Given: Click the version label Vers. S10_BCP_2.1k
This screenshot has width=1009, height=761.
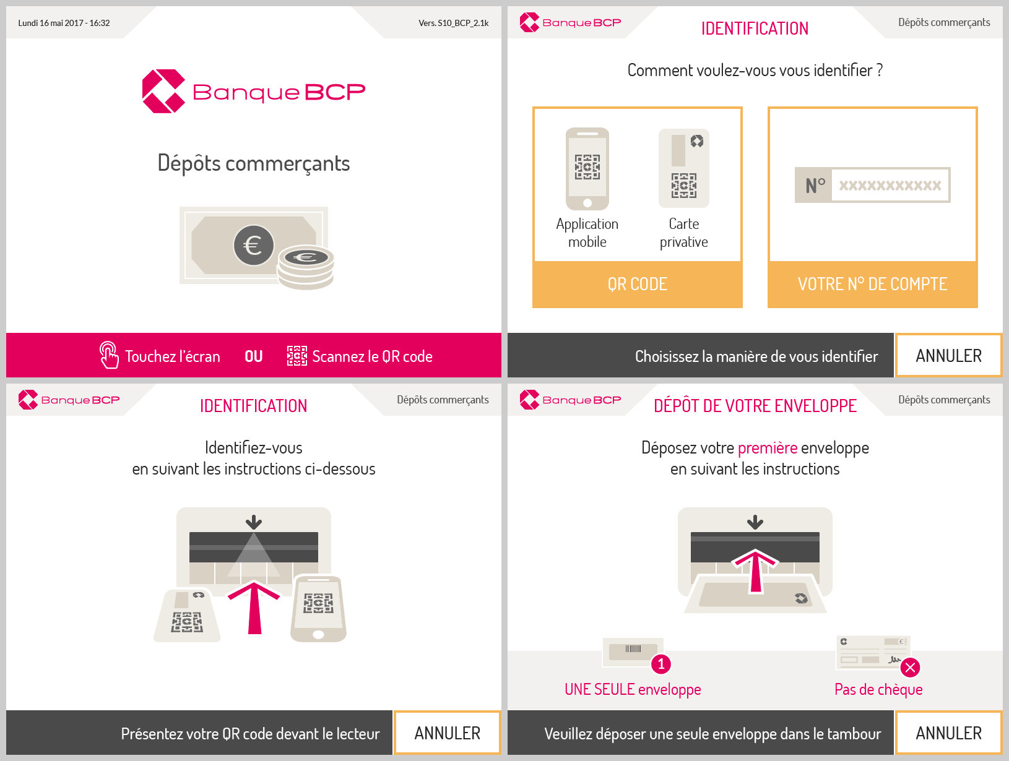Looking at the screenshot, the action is pyautogui.click(x=453, y=23).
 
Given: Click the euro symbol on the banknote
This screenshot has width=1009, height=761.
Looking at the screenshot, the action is pyautogui.click(x=253, y=245).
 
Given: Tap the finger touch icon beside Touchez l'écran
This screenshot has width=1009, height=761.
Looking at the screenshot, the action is pyautogui.click(x=109, y=355).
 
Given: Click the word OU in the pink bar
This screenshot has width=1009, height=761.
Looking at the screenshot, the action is pyautogui.click(x=254, y=356).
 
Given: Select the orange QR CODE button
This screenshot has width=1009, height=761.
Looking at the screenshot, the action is pyautogui.click(x=638, y=284).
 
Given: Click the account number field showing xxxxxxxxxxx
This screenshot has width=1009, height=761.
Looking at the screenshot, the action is pyautogui.click(x=890, y=185).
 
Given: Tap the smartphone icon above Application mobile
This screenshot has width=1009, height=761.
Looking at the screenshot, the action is pyautogui.click(x=587, y=168).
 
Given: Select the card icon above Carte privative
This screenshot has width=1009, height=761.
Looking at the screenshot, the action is pyautogui.click(x=683, y=168).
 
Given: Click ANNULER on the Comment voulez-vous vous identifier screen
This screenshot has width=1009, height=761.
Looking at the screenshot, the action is pyautogui.click(x=948, y=356).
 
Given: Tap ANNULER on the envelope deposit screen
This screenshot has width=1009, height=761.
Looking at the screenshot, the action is pyautogui.click(x=948, y=733).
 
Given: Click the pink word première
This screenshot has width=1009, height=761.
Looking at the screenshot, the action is pyautogui.click(x=767, y=448).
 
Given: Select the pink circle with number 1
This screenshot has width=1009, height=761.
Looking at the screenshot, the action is pyautogui.click(x=661, y=664).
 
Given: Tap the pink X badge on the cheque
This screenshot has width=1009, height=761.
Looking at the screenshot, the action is pyautogui.click(x=910, y=668).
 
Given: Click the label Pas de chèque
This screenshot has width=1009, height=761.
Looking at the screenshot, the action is pyautogui.click(x=878, y=690).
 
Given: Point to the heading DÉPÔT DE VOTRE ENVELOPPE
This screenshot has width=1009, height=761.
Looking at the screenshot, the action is pyautogui.click(x=755, y=406).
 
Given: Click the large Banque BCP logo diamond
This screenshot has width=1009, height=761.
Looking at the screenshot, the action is pyautogui.click(x=164, y=91).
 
